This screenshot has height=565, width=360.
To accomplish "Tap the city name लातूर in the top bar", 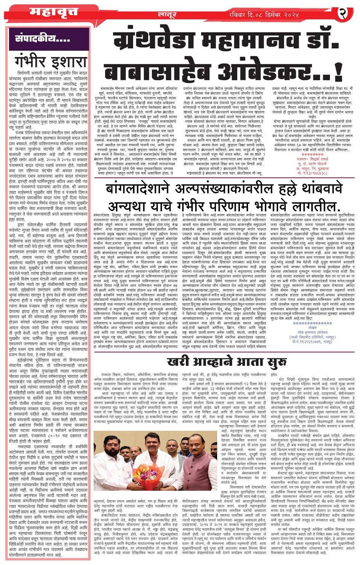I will click(x=167, y=15).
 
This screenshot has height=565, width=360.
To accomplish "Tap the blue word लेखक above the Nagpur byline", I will click(x=312, y=327).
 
